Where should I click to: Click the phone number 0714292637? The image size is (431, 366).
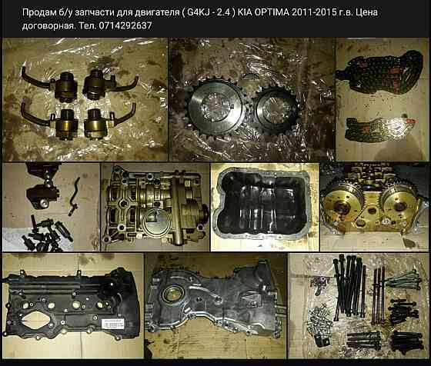point(125,25)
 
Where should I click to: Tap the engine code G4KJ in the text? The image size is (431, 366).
point(198,12)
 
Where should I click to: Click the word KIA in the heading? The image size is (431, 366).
point(245,12)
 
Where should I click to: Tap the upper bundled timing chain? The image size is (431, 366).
point(379,72)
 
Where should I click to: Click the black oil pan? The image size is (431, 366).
point(263,204)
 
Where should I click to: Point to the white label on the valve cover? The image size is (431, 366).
point(112,324)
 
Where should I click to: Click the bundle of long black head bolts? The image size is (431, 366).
point(349,288)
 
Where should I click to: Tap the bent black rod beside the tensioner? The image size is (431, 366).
point(75,195)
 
